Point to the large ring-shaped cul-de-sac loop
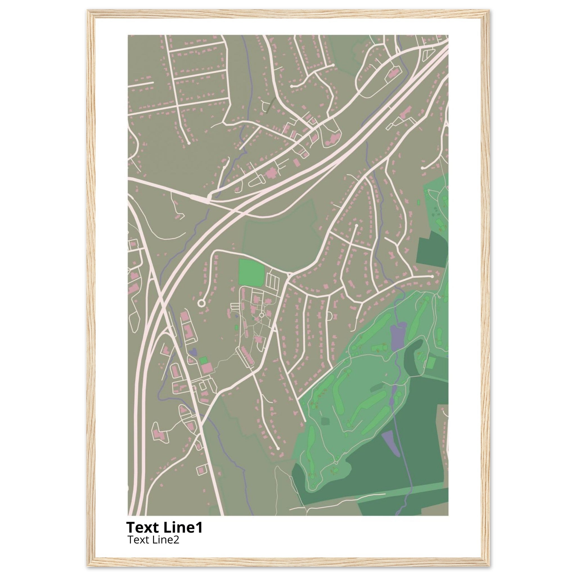coord(201,303)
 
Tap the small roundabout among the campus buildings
coord(262,315)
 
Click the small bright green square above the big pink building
coord(204,360)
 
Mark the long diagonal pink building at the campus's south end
coord(246,356)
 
